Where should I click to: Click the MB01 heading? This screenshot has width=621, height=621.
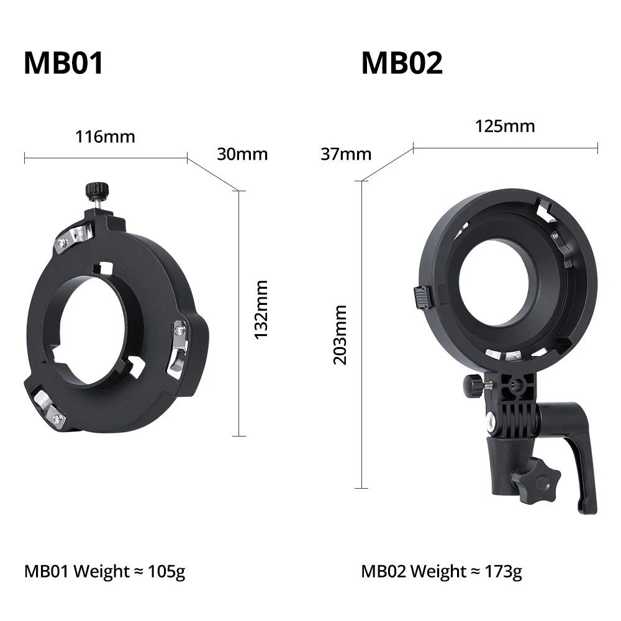63,63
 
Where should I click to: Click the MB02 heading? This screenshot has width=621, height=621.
402,63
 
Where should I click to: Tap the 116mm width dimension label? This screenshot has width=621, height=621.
105,136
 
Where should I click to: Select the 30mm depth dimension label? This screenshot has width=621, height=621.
242,153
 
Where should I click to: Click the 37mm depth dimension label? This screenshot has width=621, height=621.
346,153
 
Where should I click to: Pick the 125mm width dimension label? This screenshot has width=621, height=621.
505,126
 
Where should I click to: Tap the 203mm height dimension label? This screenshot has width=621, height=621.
340,334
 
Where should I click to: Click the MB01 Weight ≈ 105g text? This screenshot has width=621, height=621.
104,571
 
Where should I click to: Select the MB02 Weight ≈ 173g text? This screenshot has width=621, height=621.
442,571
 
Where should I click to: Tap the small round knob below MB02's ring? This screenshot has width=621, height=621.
473,386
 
